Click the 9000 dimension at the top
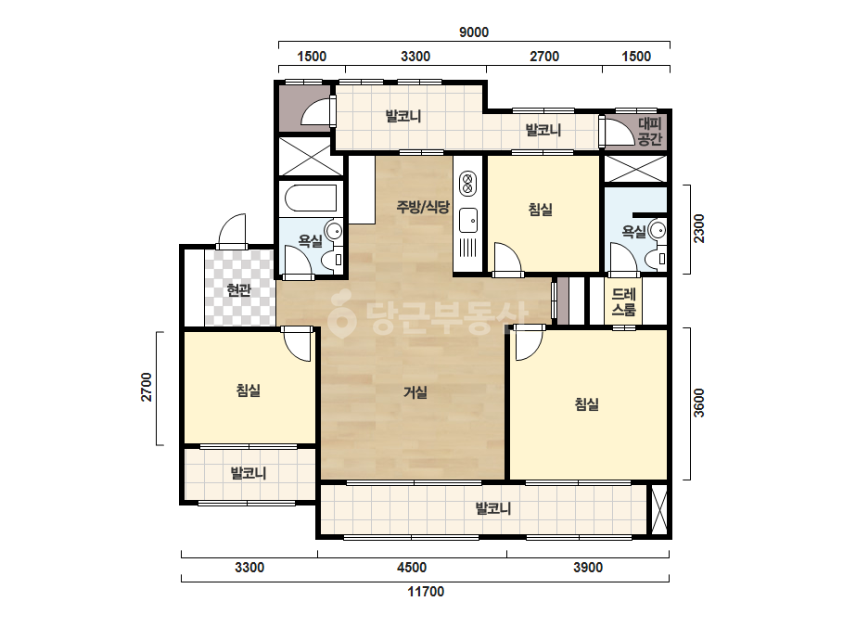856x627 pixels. pos(473,32)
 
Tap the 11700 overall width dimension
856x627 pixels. pos(426,592)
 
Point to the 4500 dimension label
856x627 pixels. pos(412,568)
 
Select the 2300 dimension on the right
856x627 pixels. pos(698,229)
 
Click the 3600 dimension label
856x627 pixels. pos(698,403)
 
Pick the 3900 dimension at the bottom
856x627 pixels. pos(588,568)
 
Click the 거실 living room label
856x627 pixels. pos(415,391)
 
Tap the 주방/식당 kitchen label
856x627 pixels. pos(423,207)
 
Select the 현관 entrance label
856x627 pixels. pos(239,289)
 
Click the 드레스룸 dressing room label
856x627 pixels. pos(623,302)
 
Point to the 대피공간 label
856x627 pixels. pos(649,132)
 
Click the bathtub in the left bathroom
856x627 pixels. pos(312,198)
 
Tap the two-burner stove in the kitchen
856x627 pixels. pos(467,183)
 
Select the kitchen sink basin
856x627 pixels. pos(467,220)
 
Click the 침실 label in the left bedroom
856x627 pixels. pos(249,390)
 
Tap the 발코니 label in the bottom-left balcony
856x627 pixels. pos(249,472)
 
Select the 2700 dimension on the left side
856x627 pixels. pos(147,387)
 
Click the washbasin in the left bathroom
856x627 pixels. pos(333,229)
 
